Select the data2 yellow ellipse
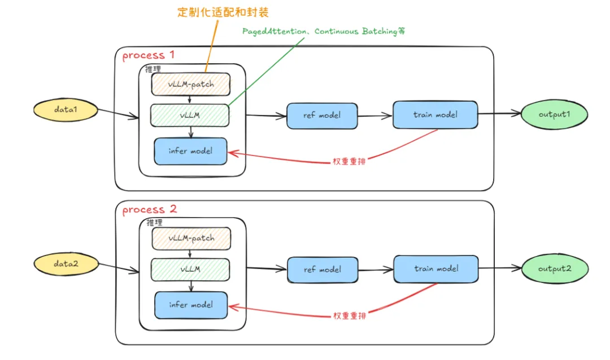click(67, 263)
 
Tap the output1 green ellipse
click(553, 114)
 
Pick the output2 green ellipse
click(553, 268)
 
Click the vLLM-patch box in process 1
click(191, 84)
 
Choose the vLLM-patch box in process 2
click(191, 238)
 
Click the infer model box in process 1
click(190, 151)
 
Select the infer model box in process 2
click(190, 305)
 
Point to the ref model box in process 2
click(323, 270)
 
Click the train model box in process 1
click(435, 115)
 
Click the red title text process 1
click(149, 55)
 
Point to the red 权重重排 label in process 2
click(349, 316)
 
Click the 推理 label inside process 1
click(153, 69)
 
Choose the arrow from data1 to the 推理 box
click(119, 115)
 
